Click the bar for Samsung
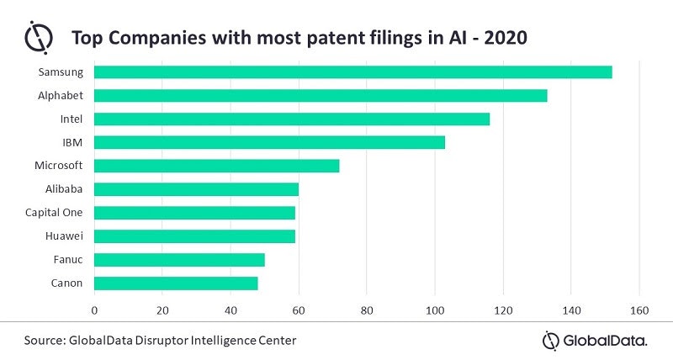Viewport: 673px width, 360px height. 353,71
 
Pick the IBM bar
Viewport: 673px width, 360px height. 269,142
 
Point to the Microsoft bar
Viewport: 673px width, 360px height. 217,166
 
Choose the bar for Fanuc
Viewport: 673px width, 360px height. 179,259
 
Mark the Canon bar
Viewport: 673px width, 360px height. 176,283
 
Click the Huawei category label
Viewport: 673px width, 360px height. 64,236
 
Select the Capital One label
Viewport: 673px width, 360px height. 54,212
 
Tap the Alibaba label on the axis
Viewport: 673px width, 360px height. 64,188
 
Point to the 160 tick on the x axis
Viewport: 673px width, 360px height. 639,310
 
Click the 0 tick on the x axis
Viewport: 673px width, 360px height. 94,310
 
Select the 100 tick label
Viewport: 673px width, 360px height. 435,310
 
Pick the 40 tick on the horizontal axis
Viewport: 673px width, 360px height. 231,310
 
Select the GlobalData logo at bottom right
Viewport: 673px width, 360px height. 595,340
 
